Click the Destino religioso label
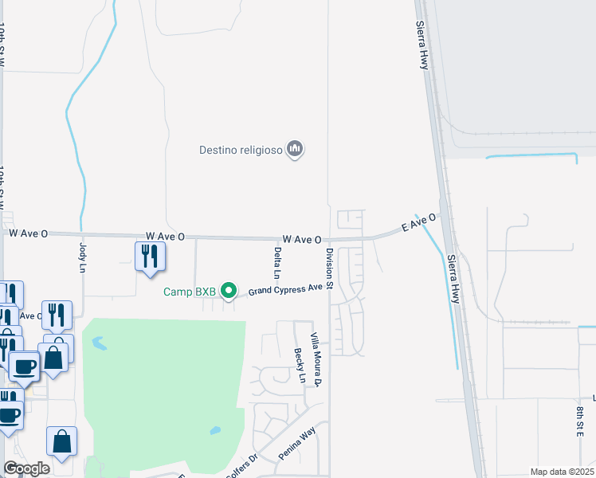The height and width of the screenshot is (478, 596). pos(242,150)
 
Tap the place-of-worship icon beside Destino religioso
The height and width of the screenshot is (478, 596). pos(296,149)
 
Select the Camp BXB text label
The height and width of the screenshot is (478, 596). pos(190,292)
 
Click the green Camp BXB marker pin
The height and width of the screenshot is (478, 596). pos(229,291)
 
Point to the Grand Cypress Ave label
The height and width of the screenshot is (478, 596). pos(284,289)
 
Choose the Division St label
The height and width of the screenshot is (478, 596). pos(329,268)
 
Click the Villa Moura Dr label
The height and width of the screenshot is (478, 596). pos(316,359)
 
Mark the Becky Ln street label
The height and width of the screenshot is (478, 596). pos(300,365)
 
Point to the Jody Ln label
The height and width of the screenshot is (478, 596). pos(82,257)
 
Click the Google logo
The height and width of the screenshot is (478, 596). pos(26,468)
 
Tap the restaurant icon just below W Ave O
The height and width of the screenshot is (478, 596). pos(149,256)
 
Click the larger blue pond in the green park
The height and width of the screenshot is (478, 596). pos(99,344)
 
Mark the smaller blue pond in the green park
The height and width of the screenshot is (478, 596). pos(215,431)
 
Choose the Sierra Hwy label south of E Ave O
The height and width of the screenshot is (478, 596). pos(454,277)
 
